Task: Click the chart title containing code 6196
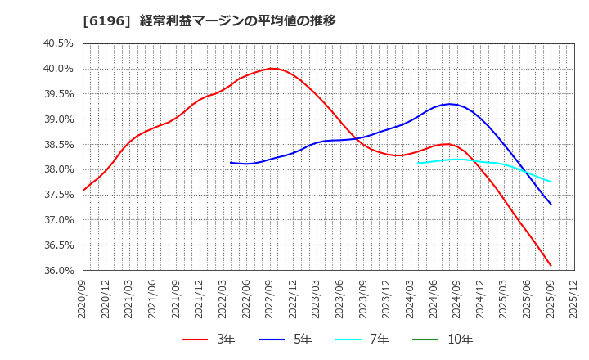pos(209,20)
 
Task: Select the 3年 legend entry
pos(209,339)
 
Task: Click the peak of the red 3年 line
pos(273,69)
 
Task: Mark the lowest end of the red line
pos(551,266)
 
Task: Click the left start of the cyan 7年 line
pos(418,163)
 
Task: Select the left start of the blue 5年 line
pos(231,162)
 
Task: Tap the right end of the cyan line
pos(551,182)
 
